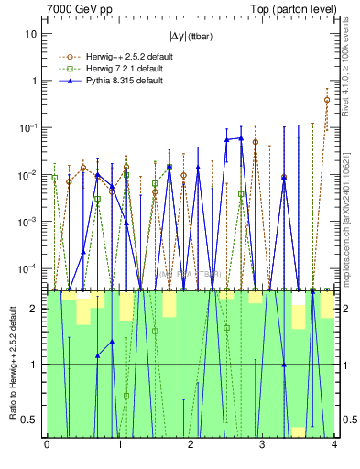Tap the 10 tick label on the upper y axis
pyautogui.click(x=30, y=33)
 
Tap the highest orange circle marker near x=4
pyautogui.click(x=327, y=100)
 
